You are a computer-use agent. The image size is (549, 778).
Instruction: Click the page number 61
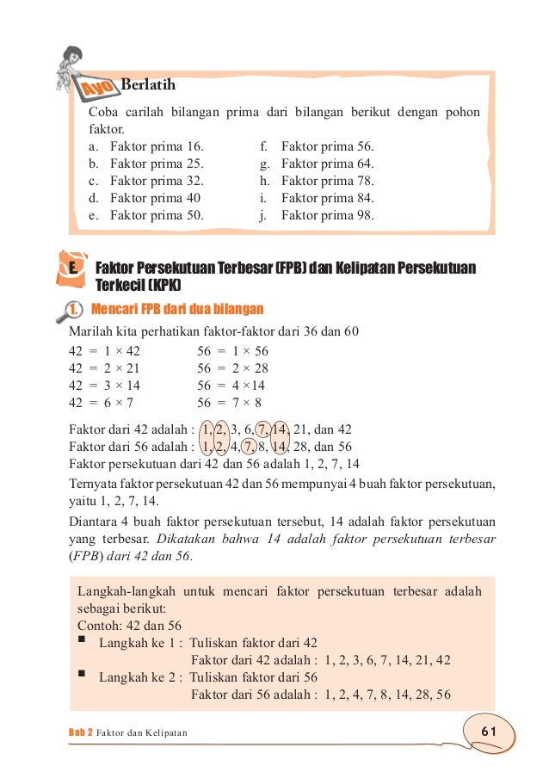point(490,731)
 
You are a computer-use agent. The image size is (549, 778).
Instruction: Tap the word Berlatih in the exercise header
point(149,84)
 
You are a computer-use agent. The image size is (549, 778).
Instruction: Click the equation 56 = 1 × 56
point(232,350)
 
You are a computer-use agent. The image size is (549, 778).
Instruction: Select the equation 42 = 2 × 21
point(106,367)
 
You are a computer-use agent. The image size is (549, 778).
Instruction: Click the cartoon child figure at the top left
point(75,60)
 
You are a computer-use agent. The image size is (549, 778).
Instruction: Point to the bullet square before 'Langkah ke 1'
point(82,640)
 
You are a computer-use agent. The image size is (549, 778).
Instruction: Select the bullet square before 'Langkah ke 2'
point(82,675)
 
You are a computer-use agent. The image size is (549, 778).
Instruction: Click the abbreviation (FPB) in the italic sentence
point(86,555)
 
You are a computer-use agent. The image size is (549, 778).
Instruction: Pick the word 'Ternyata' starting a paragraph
point(94,485)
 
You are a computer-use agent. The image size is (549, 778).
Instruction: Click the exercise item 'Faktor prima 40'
point(154,198)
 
